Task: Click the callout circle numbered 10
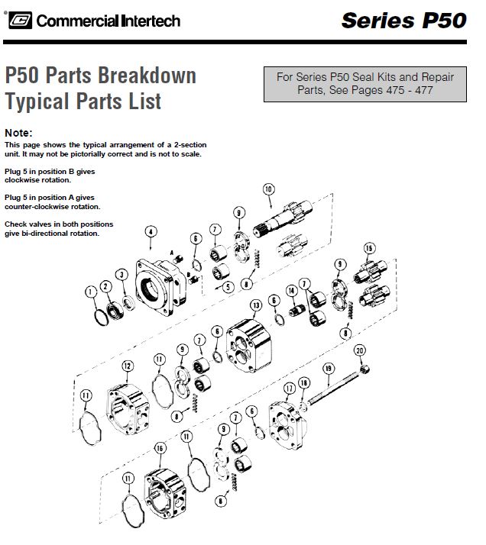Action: pos(268,188)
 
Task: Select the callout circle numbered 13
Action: pos(256,305)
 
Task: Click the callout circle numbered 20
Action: pos(360,350)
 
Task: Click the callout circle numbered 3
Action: pos(121,275)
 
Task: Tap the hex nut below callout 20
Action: pos(364,369)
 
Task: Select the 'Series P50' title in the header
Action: pos(403,20)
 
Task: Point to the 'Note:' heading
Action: pos(18,132)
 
